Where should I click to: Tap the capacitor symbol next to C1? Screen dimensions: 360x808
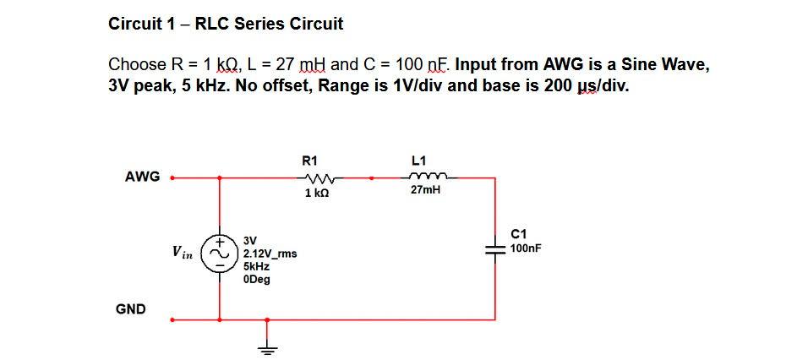point(494,248)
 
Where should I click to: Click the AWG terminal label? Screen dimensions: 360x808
point(142,177)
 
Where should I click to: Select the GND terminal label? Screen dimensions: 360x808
point(130,309)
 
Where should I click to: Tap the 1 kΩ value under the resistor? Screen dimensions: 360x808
point(315,194)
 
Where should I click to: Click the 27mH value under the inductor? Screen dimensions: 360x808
point(425,192)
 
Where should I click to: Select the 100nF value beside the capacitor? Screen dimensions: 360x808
point(526,248)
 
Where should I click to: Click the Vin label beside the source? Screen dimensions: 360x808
point(182,251)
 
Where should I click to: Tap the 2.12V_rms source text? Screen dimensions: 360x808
point(269,254)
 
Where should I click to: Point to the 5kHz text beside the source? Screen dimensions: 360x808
point(256,266)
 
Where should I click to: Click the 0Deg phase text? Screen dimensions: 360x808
point(256,279)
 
